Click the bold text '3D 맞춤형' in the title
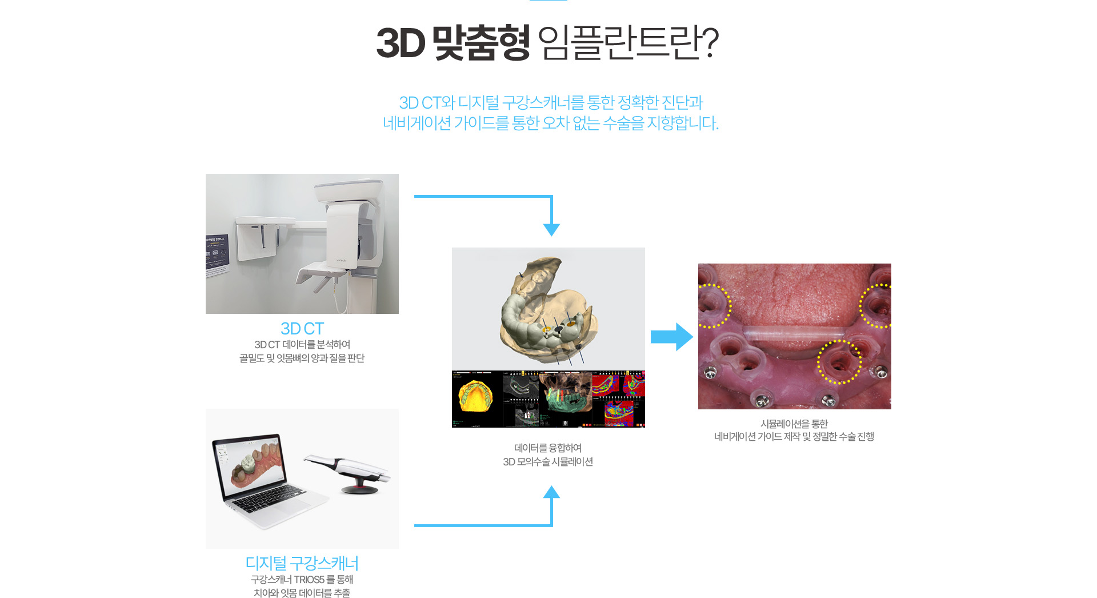point(453,43)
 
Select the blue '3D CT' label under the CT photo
point(302,329)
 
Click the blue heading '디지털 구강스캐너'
point(302,563)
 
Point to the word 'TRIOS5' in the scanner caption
point(309,580)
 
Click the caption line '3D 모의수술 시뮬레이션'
point(548,462)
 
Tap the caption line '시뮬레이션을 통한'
point(794,424)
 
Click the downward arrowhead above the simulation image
point(551,229)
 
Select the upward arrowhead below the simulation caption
point(551,492)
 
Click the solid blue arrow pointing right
point(672,337)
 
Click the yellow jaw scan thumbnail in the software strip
point(476,398)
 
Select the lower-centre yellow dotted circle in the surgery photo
point(839,362)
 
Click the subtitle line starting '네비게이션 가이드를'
point(550,123)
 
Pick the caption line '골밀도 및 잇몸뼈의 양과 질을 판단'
point(302,358)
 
